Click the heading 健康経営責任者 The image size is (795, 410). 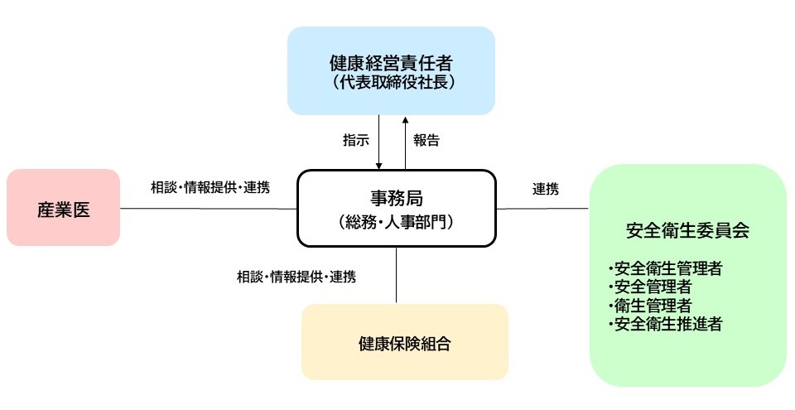tap(391, 62)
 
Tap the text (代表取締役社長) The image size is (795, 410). tap(391, 82)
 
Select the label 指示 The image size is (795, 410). tap(355, 140)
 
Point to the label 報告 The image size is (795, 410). tap(426, 140)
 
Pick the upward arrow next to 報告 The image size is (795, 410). tap(405, 141)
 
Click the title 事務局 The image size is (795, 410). tap(397, 198)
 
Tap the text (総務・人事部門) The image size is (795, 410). tap(397, 221)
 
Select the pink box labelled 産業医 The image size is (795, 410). tap(63, 208)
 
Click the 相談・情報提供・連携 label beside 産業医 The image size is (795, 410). tap(210, 187)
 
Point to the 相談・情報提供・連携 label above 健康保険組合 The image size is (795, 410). tap(296, 277)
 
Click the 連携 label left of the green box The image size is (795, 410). tap(545, 189)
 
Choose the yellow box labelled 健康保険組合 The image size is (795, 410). tap(404, 342)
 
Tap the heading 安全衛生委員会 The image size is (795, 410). tap(687, 231)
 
